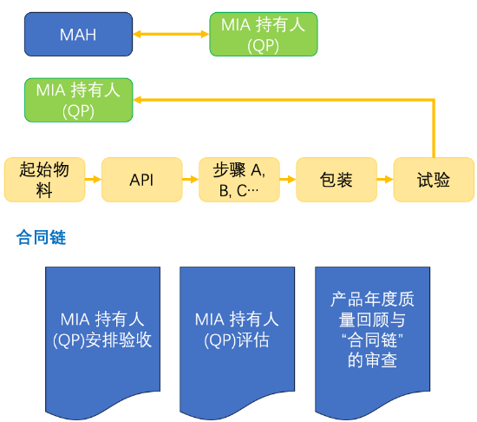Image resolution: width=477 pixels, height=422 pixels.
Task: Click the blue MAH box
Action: (78, 35)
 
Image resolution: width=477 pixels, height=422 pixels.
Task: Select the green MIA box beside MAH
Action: (263, 35)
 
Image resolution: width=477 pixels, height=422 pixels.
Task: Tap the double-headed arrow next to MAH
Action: (171, 35)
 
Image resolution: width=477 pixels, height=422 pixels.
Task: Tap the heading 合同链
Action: (41, 237)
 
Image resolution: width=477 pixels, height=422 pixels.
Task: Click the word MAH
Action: (78, 36)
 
